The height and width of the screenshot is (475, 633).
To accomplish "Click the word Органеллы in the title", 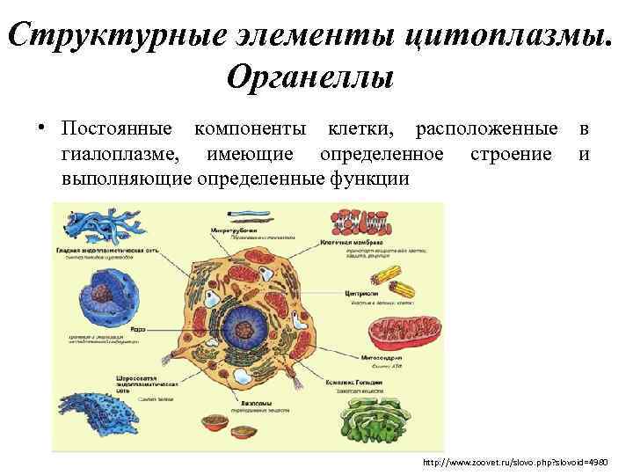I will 309,77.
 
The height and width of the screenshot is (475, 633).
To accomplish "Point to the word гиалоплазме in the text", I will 120,155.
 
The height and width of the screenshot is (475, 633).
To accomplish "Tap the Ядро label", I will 138,327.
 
